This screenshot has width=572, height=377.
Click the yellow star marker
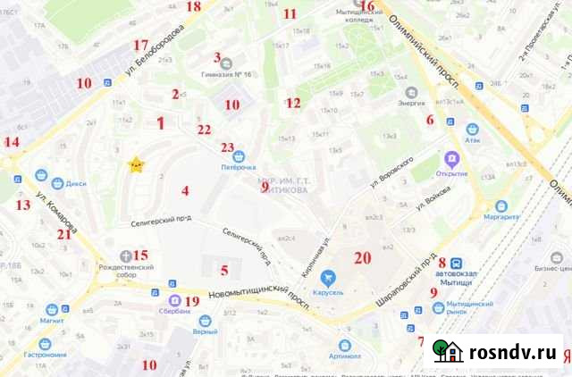pyautogui.click(x=136, y=164)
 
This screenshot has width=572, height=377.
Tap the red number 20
pyautogui.click(x=361, y=258)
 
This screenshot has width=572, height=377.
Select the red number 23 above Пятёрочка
pyautogui.click(x=228, y=148)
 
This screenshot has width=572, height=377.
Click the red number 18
pyautogui.click(x=194, y=6)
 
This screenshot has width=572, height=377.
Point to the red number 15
pyautogui.click(x=141, y=256)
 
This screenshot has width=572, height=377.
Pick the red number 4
pyautogui.click(x=185, y=190)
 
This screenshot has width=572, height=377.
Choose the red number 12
pyautogui.click(x=293, y=103)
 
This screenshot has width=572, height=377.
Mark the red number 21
pyautogui.click(x=63, y=235)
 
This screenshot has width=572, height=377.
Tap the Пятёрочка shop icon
pyautogui.click(x=239, y=155)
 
